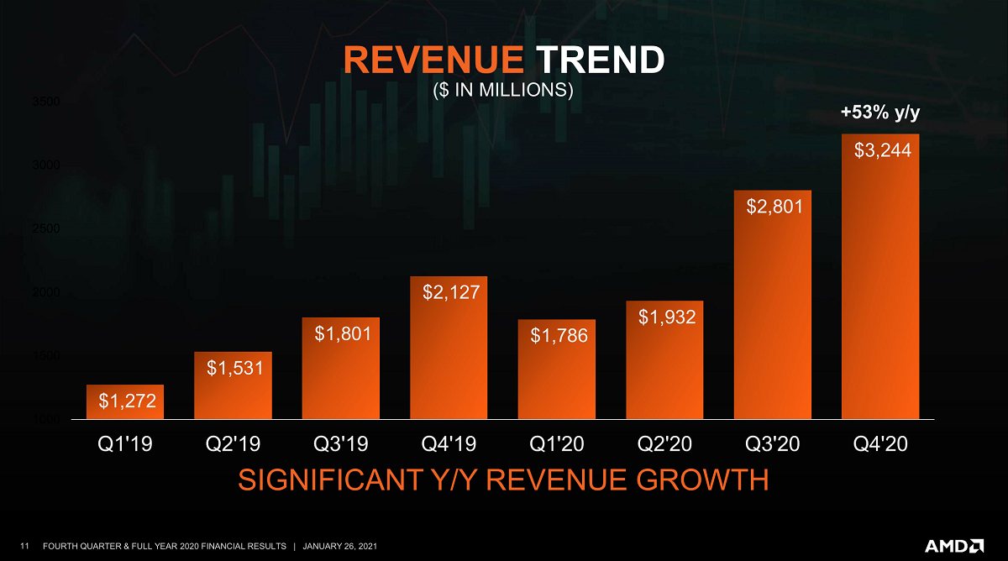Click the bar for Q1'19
click(125, 402)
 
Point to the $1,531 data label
click(234, 367)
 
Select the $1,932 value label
click(665, 317)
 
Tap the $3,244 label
click(882, 150)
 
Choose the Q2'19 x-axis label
click(233, 443)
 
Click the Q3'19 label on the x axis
click(341, 443)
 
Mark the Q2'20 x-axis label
click(664, 443)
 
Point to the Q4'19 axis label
click(449, 443)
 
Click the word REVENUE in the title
click(433, 60)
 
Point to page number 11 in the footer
click(24, 547)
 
